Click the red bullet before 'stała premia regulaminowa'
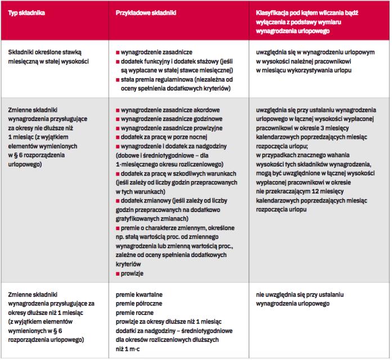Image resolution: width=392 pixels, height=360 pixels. [117, 80]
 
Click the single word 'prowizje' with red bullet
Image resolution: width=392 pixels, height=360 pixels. [133, 272]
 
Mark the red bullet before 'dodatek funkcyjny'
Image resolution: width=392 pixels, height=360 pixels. [117, 60]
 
